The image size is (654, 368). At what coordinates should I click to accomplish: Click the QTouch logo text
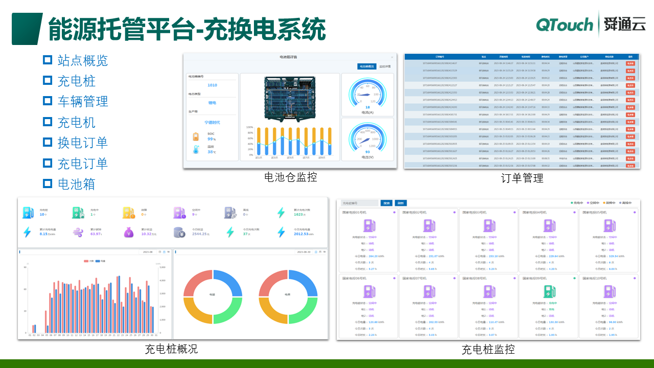[565, 25]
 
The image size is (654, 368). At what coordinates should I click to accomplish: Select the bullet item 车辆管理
[83, 101]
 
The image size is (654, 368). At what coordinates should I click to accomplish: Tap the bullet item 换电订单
[83, 143]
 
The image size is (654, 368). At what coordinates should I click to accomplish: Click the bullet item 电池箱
[76, 184]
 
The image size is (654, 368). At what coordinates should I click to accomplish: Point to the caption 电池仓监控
[290, 177]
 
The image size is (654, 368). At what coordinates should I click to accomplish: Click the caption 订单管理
[522, 178]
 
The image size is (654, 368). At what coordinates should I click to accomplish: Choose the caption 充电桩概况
[171, 349]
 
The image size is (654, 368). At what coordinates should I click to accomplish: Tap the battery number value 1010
[212, 85]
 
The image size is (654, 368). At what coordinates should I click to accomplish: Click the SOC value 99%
[212, 139]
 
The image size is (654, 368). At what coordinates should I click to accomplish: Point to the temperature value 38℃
[212, 152]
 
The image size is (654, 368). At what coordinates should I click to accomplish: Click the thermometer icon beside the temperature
[196, 150]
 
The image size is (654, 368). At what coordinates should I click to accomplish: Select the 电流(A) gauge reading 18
[367, 107]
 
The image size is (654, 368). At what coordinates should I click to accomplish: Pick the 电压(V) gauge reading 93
[367, 152]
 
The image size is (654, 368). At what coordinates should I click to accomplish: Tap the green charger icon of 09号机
[549, 292]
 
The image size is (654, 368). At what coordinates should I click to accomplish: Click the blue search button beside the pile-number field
[387, 203]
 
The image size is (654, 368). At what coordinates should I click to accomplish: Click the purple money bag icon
[128, 232]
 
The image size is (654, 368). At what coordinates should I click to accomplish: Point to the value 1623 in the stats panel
[299, 215]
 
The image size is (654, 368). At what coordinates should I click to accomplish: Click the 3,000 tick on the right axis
[163, 294]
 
